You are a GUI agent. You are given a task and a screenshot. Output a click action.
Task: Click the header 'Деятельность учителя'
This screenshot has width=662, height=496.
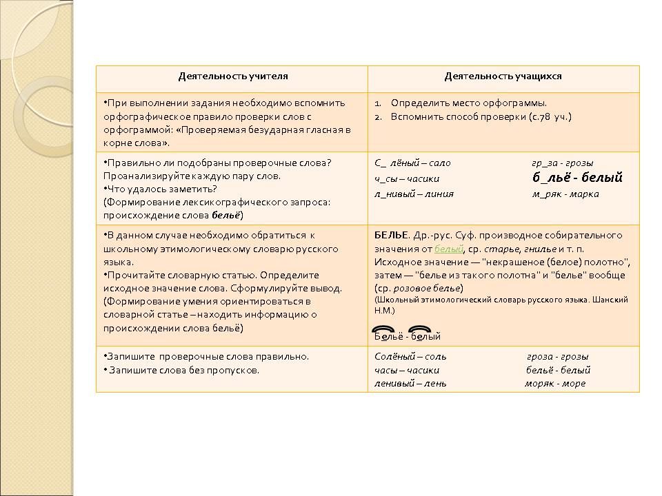tap(233, 76)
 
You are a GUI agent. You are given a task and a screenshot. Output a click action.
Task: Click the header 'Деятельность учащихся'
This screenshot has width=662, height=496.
tap(503, 76)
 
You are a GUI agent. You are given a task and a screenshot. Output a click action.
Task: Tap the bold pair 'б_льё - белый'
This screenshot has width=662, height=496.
tap(577, 178)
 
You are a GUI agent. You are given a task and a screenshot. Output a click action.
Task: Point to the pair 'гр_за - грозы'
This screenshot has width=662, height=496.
tap(562, 163)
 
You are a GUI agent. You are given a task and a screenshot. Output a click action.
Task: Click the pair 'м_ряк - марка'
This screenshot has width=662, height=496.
tap(565, 194)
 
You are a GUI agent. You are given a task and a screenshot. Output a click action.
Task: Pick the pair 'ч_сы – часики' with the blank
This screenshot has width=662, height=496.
tap(407, 178)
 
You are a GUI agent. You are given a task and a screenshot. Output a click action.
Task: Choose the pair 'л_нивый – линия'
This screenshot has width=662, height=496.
tap(414, 194)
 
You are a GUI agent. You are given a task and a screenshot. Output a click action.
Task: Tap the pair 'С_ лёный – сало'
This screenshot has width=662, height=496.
tap(412, 163)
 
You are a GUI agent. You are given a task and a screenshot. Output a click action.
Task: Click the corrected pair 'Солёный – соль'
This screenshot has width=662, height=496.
tap(410, 357)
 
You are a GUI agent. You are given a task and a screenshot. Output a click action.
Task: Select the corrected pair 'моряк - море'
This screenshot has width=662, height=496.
tap(554, 383)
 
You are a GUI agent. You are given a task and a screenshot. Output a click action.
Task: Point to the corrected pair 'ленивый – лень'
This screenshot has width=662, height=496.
tap(410, 383)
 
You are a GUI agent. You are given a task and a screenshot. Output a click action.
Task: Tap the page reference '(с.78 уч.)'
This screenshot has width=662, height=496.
tap(550, 116)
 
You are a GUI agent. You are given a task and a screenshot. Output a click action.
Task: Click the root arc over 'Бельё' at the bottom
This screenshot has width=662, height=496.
tap(382, 328)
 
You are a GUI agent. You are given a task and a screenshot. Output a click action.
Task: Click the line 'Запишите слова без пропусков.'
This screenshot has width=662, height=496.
tap(183, 370)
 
